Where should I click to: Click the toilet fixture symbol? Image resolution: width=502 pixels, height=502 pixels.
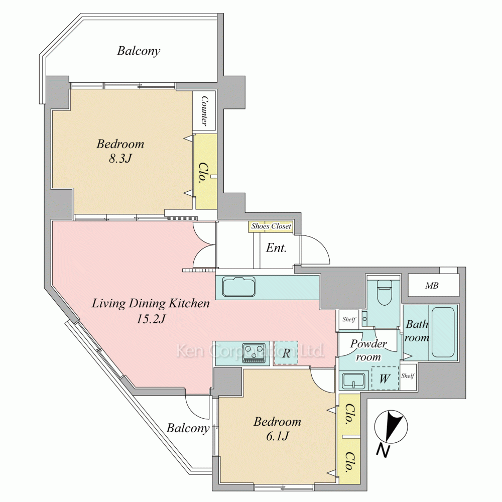pos(383,293)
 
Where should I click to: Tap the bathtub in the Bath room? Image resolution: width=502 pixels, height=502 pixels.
pos(443,332)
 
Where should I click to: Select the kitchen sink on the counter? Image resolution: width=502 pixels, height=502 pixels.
pos(239,287)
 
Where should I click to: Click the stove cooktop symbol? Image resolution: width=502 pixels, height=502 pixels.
pos(254,353)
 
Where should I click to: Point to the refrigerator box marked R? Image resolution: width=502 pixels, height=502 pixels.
pos(286,353)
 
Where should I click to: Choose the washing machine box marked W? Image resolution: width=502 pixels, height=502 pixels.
pos(385,378)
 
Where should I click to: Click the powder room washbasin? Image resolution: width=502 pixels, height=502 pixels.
pos(354,381)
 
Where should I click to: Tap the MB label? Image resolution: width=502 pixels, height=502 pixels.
pos(432,285)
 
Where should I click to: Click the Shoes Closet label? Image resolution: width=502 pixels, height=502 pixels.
pos(271,226)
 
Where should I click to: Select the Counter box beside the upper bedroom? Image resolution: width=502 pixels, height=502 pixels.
pos(204,110)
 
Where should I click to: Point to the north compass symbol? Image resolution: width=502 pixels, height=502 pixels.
pos(391,427)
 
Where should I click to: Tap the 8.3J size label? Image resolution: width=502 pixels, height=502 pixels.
pos(120,158)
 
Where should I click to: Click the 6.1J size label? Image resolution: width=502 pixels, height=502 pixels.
pos(277,436)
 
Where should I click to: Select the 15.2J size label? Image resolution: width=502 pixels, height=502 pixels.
pos(151,319)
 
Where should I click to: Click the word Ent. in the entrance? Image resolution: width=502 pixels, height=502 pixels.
pos(276,247)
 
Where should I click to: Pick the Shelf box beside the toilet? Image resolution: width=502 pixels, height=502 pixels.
pos(349,319)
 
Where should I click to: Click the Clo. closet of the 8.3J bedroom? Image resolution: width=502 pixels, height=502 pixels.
pos(205,172)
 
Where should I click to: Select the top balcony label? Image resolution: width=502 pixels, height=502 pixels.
pos(139,51)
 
